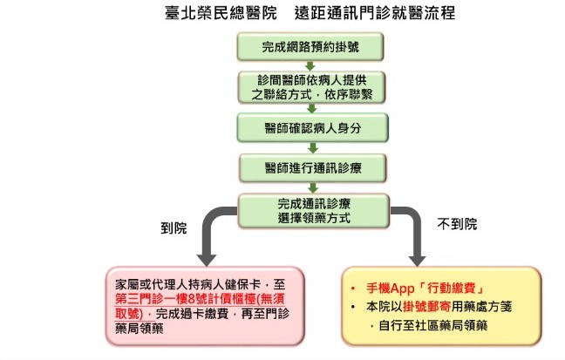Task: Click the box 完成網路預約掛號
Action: pos(310,47)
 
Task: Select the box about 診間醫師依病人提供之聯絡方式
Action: pos(311,87)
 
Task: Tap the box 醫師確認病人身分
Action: pos(312,128)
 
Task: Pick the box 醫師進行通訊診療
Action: pos(313,168)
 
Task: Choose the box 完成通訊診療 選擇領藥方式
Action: pos(314,211)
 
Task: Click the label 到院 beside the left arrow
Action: pos(174,228)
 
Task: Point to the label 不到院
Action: pos(457,224)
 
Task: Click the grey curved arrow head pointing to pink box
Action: pos(207,260)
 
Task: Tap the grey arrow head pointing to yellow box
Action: pos(417,260)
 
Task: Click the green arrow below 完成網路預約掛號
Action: pos(310,66)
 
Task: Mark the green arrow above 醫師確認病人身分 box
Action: pos(312,108)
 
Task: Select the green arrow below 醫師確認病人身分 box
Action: pos(313,147)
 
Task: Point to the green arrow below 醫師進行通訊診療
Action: pos(313,187)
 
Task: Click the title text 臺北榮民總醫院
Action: pos(221,13)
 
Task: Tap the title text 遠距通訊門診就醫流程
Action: pos(375,13)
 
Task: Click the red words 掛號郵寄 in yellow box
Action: pos(426,307)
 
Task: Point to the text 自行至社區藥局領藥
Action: pos(433,326)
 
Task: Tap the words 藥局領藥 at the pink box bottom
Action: pos(140,329)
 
